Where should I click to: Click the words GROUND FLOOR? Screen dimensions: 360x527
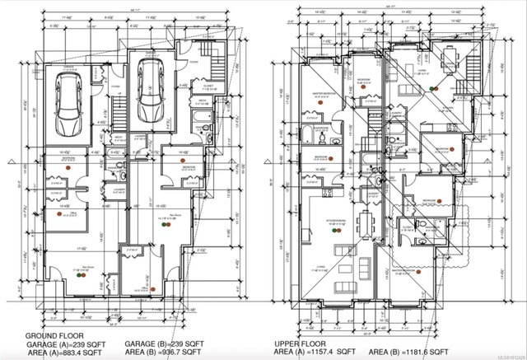pyautogui.click(x=52, y=335)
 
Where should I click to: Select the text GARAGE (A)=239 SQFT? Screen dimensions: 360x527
pyautogui.click(x=65, y=344)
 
